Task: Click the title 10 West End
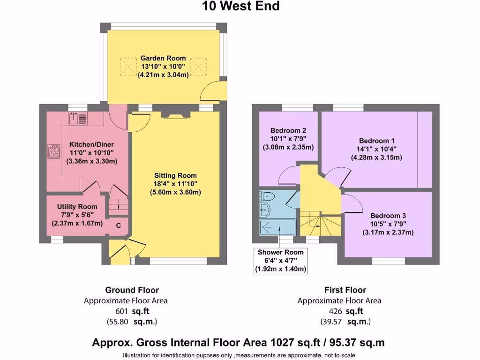coord(240,6)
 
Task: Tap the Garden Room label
coord(163,58)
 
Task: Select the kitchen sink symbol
coord(78,119)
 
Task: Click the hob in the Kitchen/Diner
coord(52,151)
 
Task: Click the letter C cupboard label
coord(119,226)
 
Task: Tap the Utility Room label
coord(77,207)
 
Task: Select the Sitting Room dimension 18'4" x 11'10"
coord(175,184)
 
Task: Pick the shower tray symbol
coord(277,227)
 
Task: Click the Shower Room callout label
coord(280,252)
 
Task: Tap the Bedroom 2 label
coord(288,130)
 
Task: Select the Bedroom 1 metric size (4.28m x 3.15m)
coord(376,157)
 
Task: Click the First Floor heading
coord(345,290)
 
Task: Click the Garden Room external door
coord(212,91)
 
